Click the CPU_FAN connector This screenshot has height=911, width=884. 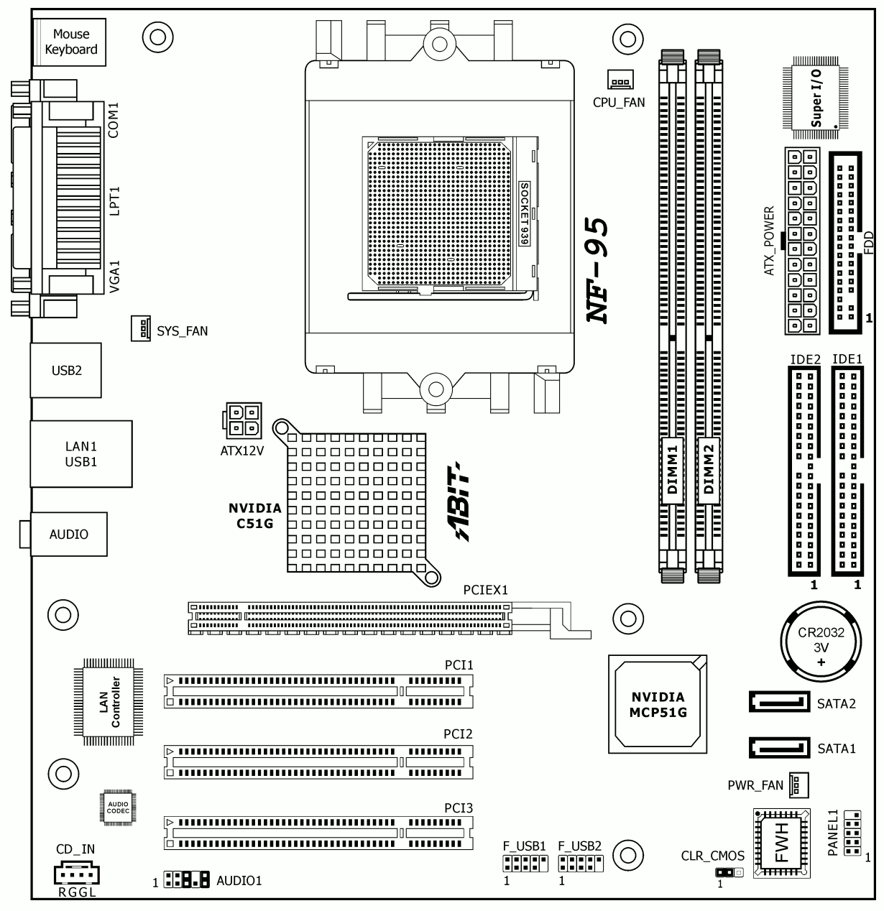620,79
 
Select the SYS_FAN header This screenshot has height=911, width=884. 140,328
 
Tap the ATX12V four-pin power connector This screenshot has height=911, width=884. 241,420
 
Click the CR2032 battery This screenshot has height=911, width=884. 821,642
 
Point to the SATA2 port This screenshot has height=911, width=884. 779,702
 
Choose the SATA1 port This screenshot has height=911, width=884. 779,748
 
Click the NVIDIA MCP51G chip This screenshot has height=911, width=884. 658,704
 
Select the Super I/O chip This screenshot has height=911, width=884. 815,98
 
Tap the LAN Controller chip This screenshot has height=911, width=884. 109,702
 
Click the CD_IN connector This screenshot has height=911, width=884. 76,873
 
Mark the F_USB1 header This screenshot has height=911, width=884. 525,864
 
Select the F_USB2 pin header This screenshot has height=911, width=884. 581,864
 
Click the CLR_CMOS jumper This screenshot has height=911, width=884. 729,873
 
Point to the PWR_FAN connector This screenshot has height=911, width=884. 798,785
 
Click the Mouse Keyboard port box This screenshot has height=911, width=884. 70,42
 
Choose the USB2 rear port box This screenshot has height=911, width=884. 66,370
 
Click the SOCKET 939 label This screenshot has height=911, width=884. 524,213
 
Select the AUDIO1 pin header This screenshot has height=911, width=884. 186,879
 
